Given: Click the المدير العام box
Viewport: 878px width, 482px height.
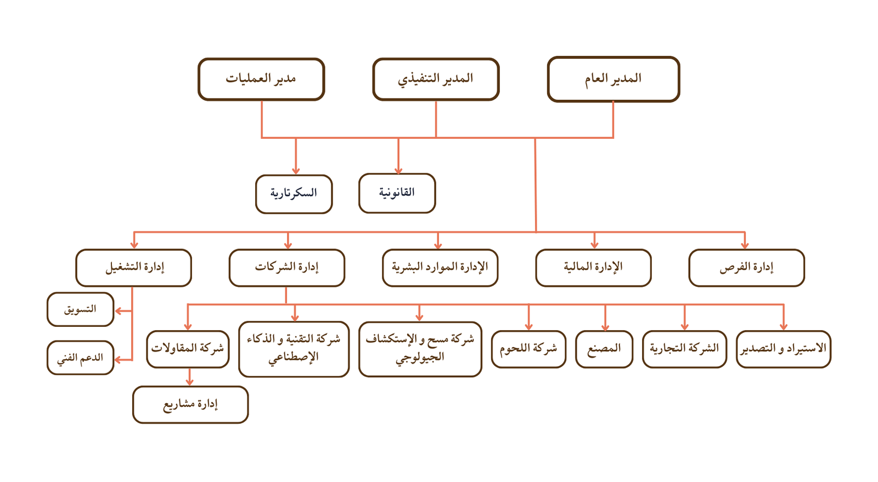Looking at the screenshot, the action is [614, 79].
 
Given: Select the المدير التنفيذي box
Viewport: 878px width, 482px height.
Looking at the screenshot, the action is [436, 79].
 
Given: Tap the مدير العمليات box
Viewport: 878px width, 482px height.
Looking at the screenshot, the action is [261, 79].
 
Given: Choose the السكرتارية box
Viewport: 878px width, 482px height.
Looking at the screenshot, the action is [294, 194].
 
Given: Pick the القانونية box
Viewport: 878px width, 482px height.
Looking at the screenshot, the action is [397, 194].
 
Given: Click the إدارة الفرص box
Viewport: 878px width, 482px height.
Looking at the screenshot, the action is [747, 268].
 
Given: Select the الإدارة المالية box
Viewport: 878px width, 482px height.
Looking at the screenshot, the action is [593, 268].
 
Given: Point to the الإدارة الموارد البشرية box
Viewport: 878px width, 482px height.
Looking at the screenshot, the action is [440, 268].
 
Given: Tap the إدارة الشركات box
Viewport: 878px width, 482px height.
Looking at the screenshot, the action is [287, 268].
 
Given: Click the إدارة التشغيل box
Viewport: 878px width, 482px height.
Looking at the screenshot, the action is [134, 268].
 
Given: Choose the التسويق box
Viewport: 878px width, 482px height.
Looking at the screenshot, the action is [80, 309].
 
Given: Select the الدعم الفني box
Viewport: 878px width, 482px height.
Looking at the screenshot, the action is [80, 358].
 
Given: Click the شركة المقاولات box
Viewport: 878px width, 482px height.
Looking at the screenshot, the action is [188, 349].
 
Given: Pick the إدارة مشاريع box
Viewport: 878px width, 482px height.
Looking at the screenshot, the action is [190, 405].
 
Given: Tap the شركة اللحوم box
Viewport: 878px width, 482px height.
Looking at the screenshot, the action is [529, 349].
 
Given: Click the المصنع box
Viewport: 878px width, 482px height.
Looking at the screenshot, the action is [604, 349].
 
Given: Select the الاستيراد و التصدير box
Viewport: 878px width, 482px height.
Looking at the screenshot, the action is [784, 349].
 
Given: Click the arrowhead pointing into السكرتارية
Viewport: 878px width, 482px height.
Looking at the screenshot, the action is [296, 171].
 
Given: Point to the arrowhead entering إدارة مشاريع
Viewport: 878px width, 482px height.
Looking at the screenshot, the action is [190, 382].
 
